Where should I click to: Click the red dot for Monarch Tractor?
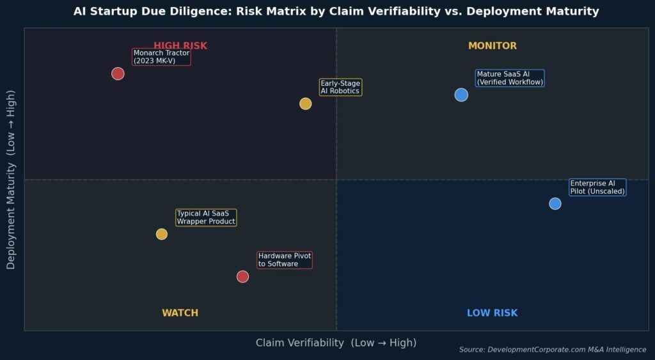point(118,74)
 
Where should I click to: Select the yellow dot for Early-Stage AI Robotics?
point(306,104)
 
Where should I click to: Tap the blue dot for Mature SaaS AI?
point(461,95)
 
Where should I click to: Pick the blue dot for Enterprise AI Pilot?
point(555,203)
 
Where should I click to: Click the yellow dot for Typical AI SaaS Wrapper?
point(162,234)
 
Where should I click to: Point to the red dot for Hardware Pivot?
point(242,276)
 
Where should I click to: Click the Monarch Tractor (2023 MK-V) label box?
point(161,57)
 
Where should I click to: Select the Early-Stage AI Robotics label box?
point(340,88)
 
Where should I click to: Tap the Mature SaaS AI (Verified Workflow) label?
point(510,78)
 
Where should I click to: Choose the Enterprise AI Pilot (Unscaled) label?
point(597,187)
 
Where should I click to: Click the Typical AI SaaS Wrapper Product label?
point(206,217)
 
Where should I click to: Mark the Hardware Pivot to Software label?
point(285,260)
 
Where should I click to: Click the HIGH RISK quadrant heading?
point(180,46)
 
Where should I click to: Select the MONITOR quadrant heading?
point(493,46)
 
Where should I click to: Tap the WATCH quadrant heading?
point(180,313)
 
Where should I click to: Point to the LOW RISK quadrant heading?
point(492,313)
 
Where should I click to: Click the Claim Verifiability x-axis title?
point(336,343)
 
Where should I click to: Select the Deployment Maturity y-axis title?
point(11,180)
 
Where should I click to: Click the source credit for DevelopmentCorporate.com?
point(553,350)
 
